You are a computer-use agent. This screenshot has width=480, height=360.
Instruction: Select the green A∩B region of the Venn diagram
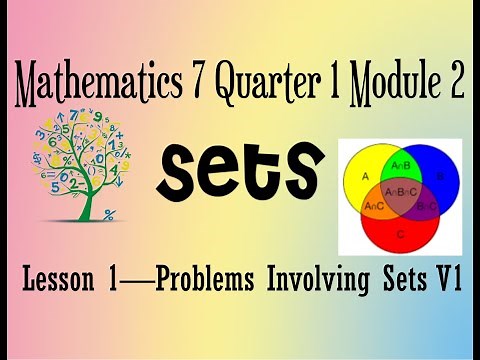397,165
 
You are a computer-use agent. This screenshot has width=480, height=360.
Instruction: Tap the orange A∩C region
374,205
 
